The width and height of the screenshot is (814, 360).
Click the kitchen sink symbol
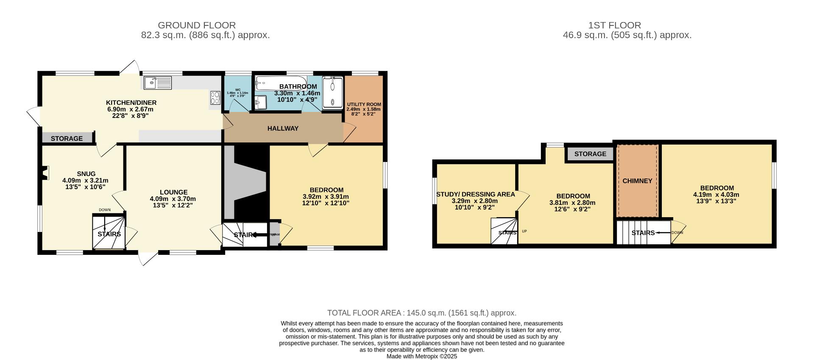tap(157, 83)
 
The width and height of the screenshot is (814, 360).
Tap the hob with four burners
tap(215, 98)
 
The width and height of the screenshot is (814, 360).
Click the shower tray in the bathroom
tap(332, 92)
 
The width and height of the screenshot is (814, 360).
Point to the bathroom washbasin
tap(261, 102)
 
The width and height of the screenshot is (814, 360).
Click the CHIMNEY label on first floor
tap(637, 181)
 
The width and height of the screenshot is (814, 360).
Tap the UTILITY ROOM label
tap(364, 104)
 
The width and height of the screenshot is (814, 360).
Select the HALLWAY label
tap(283, 128)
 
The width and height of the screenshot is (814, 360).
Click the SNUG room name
tap(86, 174)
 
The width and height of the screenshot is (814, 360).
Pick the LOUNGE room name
tap(173, 192)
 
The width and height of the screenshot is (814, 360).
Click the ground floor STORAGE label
tap(67, 139)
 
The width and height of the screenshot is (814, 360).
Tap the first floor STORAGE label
tap(590, 154)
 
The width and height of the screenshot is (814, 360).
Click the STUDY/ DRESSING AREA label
tap(476, 194)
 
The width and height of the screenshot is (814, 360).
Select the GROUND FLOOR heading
tap(197, 25)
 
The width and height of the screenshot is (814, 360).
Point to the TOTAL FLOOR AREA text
tap(421, 313)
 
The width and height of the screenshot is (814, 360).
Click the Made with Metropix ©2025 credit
tap(421, 357)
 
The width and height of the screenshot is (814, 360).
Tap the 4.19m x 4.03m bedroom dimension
tap(716, 195)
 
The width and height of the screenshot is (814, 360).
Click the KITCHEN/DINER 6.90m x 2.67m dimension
tap(130, 109)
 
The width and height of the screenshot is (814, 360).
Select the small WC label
tap(238, 90)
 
